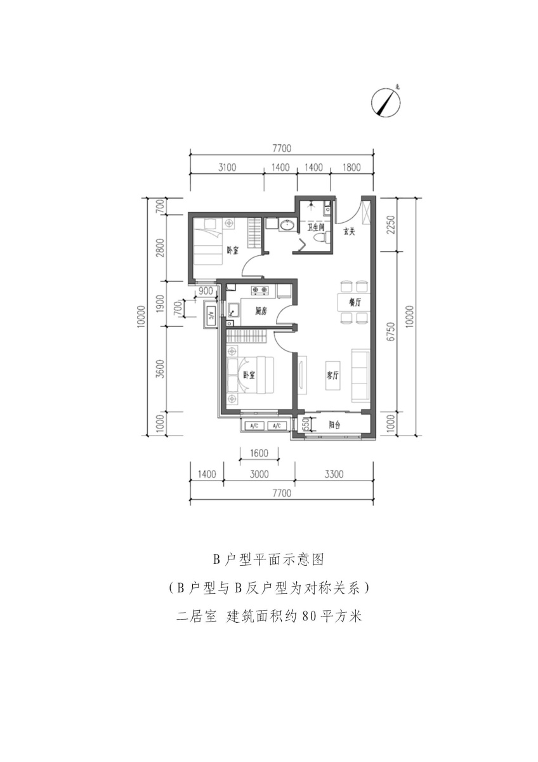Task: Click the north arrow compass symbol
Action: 385,102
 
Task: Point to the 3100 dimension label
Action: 227,168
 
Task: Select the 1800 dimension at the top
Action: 351,168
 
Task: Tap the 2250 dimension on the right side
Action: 391,224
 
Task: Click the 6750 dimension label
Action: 391,331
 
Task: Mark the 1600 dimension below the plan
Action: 259,453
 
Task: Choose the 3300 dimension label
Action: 334,474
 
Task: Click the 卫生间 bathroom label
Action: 316,227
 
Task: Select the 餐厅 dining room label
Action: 355,302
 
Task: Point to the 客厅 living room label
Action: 332,375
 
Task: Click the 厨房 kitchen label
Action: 261,311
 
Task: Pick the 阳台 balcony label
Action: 335,425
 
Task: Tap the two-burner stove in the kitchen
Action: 259,290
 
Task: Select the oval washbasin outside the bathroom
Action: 288,225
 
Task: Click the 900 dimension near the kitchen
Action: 206,291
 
